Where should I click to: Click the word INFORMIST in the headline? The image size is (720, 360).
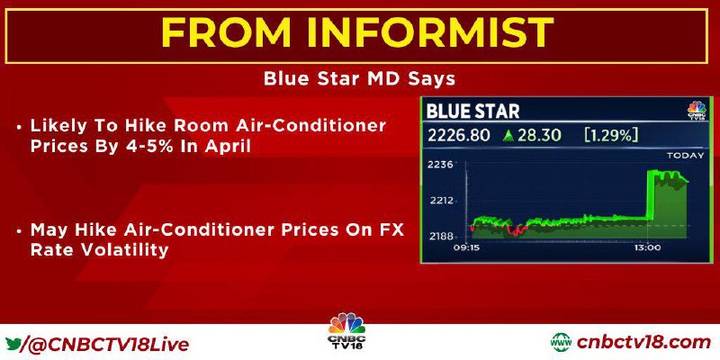[430, 33]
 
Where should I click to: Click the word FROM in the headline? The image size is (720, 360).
[226, 33]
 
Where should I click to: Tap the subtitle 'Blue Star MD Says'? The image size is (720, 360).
[359, 78]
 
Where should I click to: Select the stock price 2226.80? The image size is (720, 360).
[459, 136]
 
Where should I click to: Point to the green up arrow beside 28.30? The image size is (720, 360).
[508, 136]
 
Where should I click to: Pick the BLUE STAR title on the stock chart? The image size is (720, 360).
[473, 112]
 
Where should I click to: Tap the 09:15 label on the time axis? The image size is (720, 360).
[465, 247]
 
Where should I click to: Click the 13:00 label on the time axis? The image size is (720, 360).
[647, 247]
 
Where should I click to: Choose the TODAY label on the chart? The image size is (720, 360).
[685, 156]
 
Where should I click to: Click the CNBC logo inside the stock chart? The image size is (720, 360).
[697, 111]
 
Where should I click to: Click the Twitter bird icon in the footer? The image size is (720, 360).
[13, 344]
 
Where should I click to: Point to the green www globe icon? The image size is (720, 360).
[561, 343]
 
